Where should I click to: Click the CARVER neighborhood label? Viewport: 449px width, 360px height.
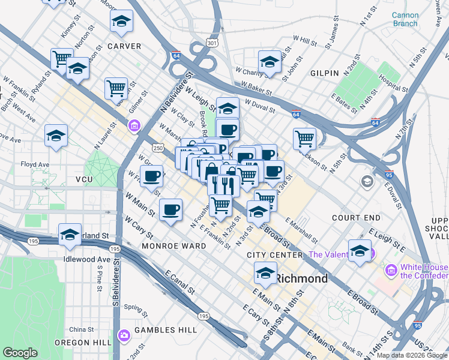(x=124, y=46)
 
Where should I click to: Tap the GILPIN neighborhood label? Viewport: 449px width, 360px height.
(x=325, y=73)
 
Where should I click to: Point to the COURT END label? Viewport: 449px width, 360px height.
(x=357, y=217)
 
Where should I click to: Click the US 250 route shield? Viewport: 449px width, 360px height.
(x=157, y=148)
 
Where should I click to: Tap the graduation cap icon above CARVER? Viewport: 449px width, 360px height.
(x=122, y=22)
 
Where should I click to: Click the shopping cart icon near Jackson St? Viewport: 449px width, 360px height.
(x=305, y=139)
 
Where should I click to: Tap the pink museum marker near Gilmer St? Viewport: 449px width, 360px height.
(x=134, y=125)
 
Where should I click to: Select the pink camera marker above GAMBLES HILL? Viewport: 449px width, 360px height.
(x=124, y=335)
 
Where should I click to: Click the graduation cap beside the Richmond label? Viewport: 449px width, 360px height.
(x=265, y=273)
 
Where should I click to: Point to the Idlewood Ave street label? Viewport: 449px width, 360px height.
(x=88, y=259)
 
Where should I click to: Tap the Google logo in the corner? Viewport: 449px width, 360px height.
(x=20, y=353)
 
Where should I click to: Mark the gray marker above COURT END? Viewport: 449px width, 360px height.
(x=366, y=181)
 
